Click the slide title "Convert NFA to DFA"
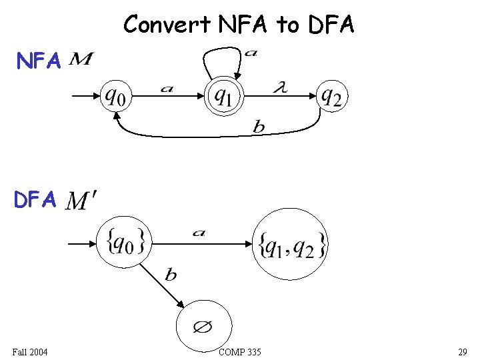click(x=239, y=25)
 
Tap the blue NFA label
click(x=39, y=62)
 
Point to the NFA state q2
click(x=331, y=97)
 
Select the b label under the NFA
click(x=258, y=127)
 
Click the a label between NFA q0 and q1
click(x=167, y=89)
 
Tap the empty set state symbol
click(x=203, y=327)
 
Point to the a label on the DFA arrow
click(x=198, y=233)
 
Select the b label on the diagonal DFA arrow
click(x=171, y=274)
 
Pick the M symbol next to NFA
click(x=81, y=61)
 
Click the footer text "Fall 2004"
click(x=29, y=351)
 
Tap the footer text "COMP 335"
click(x=239, y=351)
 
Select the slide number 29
click(x=462, y=351)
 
